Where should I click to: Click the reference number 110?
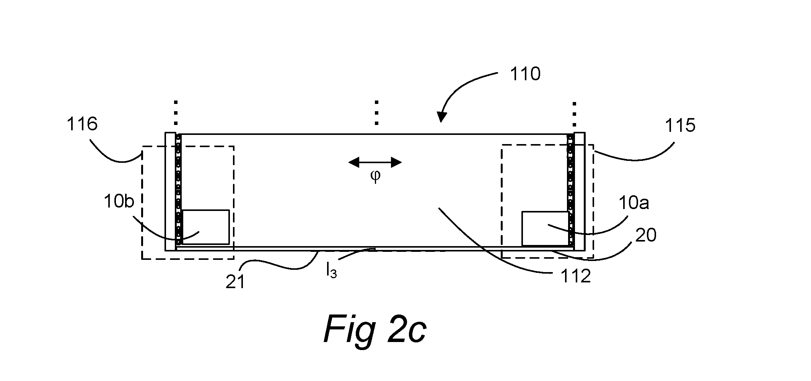click(x=525, y=74)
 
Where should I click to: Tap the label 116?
click(x=82, y=124)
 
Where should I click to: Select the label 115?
click(x=680, y=125)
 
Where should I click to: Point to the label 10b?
click(x=119, y=201)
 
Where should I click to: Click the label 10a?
click(x=634, y=203)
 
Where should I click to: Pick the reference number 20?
click(x=646, y=235)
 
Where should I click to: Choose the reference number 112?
click(x=576, y=276)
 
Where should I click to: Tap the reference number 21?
click(x=235, y=282)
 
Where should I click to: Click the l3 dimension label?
click(x=331, y=271)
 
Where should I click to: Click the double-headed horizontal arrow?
click(x=375, y=163)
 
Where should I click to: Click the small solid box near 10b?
click(x=206, y=227)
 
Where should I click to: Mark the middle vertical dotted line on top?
click(x=377, y=113)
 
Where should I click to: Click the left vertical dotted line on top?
click(x=176, y=113)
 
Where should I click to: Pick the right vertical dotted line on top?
click(x=574, y=114)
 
